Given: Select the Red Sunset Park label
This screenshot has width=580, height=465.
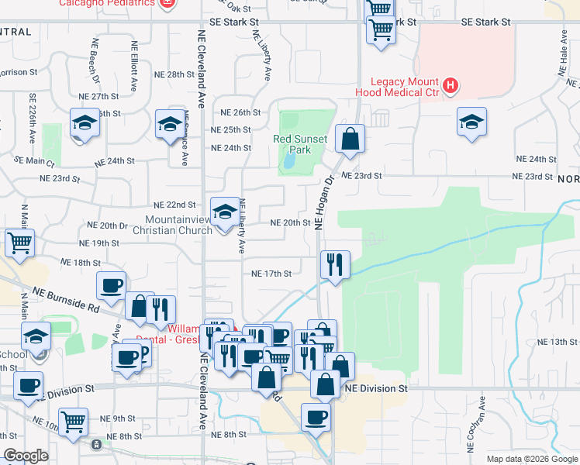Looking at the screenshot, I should click(x=300, y=144).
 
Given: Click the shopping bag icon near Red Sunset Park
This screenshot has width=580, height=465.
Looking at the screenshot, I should click(x=350, y=139).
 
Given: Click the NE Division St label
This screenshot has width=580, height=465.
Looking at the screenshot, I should click(x=377, y=387).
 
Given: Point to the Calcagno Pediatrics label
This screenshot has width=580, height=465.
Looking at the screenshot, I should click(x=108, y=4).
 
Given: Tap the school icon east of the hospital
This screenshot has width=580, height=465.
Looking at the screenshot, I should click(x=471, y=122).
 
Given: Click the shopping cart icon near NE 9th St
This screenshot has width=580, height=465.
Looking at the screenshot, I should click(x=74, y=422).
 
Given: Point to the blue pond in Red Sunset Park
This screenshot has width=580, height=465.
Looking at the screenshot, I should click(x=289, y=160).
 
